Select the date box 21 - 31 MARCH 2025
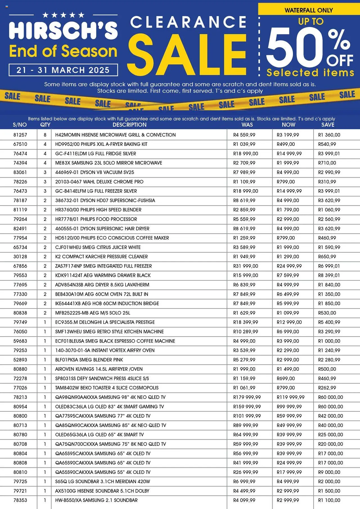click(63, 70)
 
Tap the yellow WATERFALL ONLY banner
click(309, 10)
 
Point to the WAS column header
click(247, 125)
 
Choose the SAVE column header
click(328, 125)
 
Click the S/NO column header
click(20, 125)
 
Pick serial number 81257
click(20, 135)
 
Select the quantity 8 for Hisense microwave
click(45, 135)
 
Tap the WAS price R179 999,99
click(247, 397)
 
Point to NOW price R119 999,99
click(290, 397)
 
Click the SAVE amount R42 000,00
click(330, 416)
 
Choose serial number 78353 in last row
click(20, 500)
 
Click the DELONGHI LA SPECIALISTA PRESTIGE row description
click(105, 322)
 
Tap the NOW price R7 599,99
click(288, 275)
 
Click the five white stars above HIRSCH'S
click(63, 15)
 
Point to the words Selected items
click(310, 73)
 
